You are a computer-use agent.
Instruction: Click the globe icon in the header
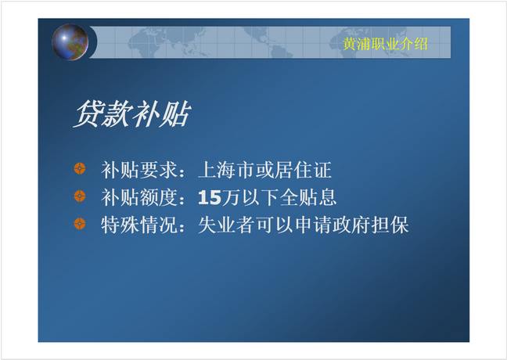pyautogui.click(x=70, y=42)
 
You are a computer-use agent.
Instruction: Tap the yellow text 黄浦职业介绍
pyautogui.click(x=385, y=44)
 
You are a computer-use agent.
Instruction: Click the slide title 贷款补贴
pyautogui.click(x=132, y=113)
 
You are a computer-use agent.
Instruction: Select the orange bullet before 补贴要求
pyautogui.click(x=80, y=168)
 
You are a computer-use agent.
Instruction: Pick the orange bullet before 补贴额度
pyautogui.click(x=80, y=196)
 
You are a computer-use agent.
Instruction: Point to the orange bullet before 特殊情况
pyautogui.click(x=80, y=224)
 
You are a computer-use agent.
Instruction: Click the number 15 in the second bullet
pyautogui.click(x=210, y=197)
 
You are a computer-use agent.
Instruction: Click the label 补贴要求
pyautogui.click(x=139, y=170)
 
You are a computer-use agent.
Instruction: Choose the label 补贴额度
pyautogui.click(x=139, y=197)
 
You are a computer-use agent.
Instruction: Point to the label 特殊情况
pyautogui.click(x=139, y=225)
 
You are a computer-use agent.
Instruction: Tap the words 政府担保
pyautogui.click(x=371, y=225)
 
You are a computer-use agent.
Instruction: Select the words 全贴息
pyautogui.click(x=307, y=197)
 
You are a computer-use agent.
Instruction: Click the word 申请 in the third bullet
pyautogui.click(x=313, y=225)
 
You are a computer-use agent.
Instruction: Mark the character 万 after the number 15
pyautogui.click(x=231, y=197)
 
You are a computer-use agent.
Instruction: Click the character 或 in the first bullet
pyautogui.click(x=264, y=170)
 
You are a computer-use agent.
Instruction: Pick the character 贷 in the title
pyautogui.click(x=87, y=113)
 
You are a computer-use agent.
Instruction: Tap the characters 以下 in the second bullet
pyautogui.click(x=260, y=197)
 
